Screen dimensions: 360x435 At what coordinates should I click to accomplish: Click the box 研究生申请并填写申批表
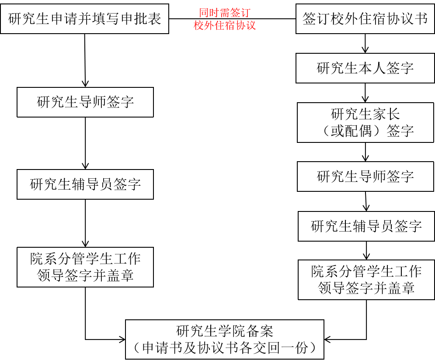(84, 19)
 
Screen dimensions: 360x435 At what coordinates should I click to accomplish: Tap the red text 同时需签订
(225, 13)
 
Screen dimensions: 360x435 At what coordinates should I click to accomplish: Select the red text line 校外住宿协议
(225, 26)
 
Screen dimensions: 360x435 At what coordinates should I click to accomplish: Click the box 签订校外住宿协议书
(365, 19)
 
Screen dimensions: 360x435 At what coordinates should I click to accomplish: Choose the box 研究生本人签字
(365, 68)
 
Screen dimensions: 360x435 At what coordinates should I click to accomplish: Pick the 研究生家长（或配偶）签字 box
(365, 122)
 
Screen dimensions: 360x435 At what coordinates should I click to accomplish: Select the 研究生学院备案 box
(225, 339)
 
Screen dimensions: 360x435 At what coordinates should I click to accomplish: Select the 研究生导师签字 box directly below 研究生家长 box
(365, 177)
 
